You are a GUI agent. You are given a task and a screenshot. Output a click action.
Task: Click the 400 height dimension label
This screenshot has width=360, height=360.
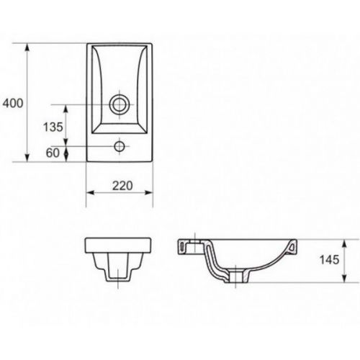pyautogui.click(x=13, y=103)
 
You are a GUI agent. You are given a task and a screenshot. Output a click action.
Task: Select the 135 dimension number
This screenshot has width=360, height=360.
pyautogui.click(x=53, y=127)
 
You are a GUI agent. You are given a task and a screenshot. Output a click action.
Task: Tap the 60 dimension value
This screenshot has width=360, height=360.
pyautogui.click(x=53, y=153)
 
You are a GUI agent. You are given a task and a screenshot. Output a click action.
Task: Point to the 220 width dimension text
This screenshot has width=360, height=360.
pyautogui.click(x=122, y=186)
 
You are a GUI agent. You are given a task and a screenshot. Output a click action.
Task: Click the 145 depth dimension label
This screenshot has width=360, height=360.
pyautogui.click(x=329, y=260)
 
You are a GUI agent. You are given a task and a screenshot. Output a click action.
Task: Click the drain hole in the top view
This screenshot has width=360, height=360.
pyautogui.click(x=119, y=104)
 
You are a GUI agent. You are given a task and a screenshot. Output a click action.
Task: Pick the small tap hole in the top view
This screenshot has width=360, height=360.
pyautogui.click(x=120, y=146)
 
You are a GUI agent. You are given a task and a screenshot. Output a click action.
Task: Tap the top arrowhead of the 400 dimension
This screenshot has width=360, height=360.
pyautogui.click(x=27, y=47)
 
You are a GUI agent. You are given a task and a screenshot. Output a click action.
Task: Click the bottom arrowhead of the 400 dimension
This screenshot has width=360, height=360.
pyautogui.click(x=27, y=158)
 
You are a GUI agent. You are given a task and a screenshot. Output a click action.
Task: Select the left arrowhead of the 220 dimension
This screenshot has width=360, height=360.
pyautogui.click(x=90, y=192)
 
